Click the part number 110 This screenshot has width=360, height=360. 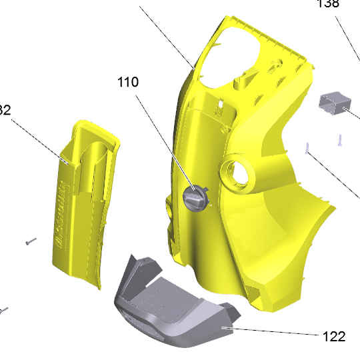coord(128,83)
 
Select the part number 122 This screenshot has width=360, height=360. coord(331,337)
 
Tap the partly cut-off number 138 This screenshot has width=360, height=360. coord(328,3)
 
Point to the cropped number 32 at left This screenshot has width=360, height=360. coord(5,110)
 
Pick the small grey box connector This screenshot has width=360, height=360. coord(335,105)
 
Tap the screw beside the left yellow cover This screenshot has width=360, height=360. coord(30,241)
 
